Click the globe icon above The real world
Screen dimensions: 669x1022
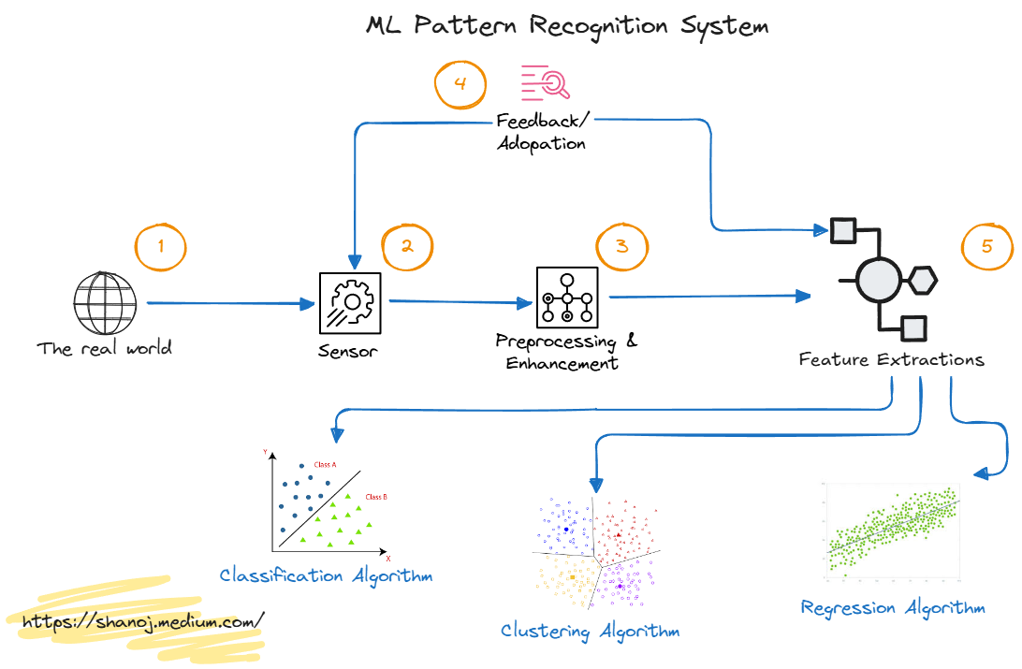tap(105, 302)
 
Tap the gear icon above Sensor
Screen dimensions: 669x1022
tap(349, 302)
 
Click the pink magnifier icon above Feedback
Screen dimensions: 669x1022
tap(546, 83)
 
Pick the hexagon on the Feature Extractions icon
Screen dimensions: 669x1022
tap(924, 279)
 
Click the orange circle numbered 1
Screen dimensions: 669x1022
tap(161, 248)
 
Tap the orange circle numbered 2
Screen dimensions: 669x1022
tap(407, 247)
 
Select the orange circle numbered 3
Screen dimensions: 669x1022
tap(622, 248)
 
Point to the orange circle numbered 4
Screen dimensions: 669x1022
tap(460, 84)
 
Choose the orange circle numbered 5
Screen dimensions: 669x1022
tap(988, 248)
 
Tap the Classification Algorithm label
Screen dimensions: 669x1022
tap(326, 574)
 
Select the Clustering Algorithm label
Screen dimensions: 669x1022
tap(590, 631)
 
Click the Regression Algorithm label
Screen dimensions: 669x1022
tap(893, 608)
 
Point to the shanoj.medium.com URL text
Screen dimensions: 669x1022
tap(142, 620)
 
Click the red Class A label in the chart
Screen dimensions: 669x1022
tap(325, 465)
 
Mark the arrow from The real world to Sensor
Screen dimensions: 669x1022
tap(229, 303)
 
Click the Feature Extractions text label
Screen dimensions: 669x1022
tap(891, 360)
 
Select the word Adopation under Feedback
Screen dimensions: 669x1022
tap(542, 144)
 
